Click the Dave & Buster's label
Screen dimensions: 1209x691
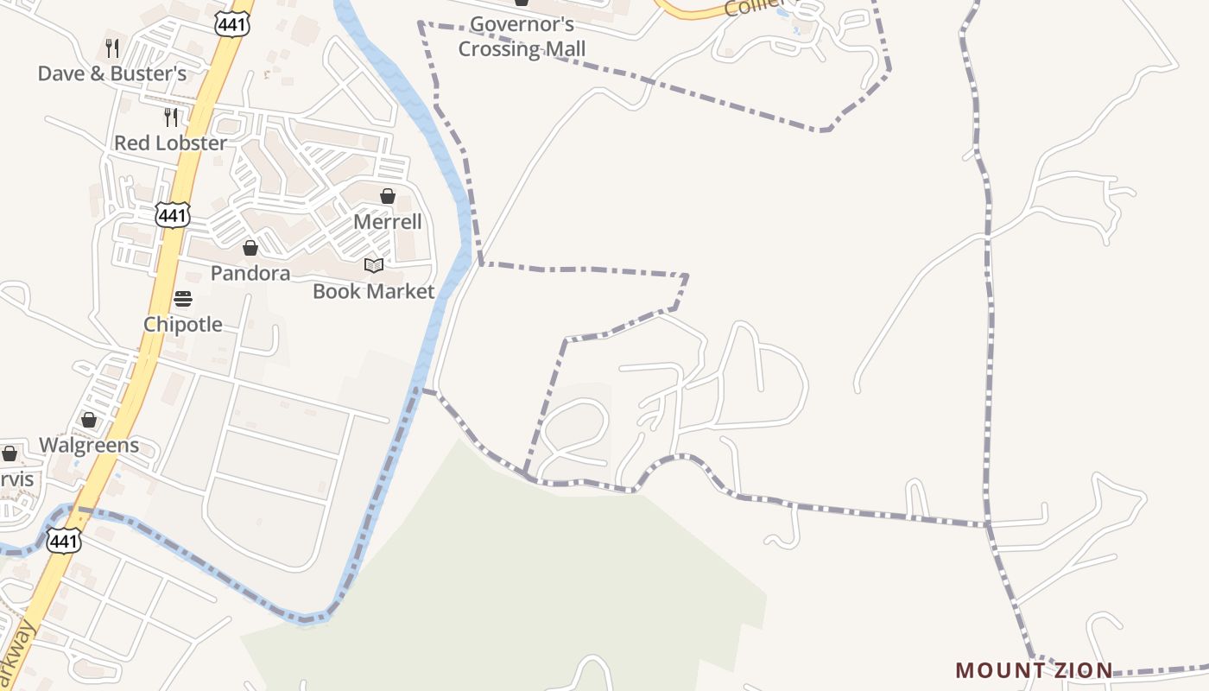(111, 74)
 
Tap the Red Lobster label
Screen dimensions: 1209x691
(170, 143)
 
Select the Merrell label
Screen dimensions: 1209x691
(388, 222)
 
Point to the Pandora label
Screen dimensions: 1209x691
(250, 274)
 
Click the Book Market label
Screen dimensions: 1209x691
(373, 292)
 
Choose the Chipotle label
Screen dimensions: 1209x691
(182, 325)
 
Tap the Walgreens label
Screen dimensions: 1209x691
(89, 446)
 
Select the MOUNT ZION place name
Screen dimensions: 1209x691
(1034, 670)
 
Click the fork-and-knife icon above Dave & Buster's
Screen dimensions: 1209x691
(111, 47)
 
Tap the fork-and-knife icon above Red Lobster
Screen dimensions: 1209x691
(170, 116)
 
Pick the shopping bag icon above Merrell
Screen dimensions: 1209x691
(388, 196)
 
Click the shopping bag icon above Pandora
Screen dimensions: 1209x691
(250, 248)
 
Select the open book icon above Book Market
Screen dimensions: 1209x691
(373, 265)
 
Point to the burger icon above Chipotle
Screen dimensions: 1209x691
(182, 299)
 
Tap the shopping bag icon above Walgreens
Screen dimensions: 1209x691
(89, 420)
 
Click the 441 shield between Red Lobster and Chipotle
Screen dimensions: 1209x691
(173, 215)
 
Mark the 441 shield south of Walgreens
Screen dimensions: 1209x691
(64, 541)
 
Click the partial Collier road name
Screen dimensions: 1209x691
(750, 7)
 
